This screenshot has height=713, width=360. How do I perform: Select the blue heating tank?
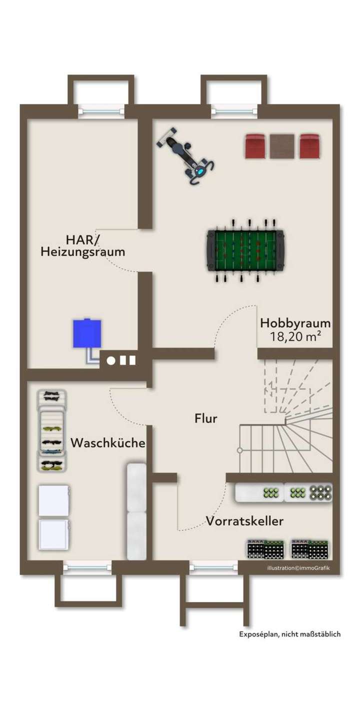tap(87, 333)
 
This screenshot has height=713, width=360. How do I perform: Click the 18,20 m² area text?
tap(295, 337)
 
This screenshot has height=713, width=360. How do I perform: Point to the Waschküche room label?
tap(108, 443)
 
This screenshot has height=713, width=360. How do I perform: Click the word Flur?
tap(206, 418)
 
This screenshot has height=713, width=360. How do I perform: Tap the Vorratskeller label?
tap(245, 521)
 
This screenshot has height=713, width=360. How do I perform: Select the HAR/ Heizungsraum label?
tap(82, 245)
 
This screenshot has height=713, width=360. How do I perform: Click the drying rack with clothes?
tap(52, 430)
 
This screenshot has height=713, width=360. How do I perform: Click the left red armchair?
tap(256, 146)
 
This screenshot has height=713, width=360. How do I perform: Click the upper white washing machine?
tap(54, 500)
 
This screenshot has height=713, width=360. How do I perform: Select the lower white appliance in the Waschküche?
tap(54, 534)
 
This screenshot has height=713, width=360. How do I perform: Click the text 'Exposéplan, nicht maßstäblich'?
tap(289, 634)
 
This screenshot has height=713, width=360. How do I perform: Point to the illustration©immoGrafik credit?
tap(298, 568)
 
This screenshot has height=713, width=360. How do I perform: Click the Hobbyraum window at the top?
tap(234, 111)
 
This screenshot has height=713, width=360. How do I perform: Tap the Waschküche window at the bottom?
tap(87, 567)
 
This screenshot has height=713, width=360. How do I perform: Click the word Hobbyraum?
tap(295, 323)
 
